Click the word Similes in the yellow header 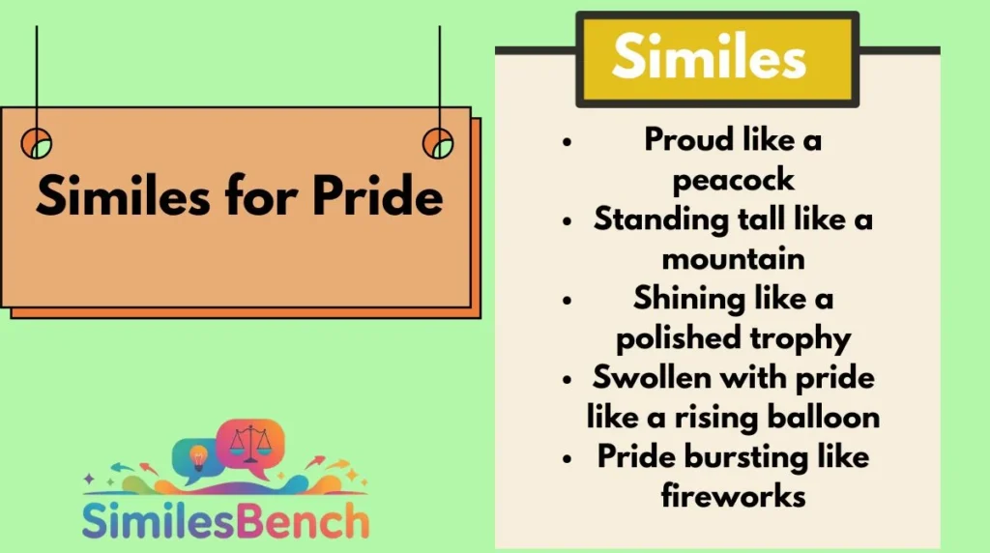[x=709, y=58]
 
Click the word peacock [x=733, y=180]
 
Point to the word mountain [x=733, y=258]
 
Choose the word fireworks [x=733, y=495]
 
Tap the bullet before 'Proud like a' [x=567, y=141]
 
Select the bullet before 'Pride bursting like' [x=567, y=456]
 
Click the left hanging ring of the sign [x=37, y=143]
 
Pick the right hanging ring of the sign [x=438, y=143]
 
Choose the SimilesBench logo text [x=224, y=519]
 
